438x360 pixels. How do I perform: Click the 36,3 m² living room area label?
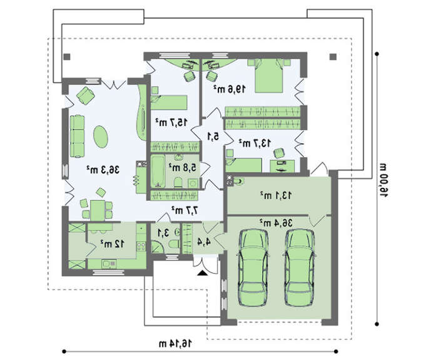click(x=103, y=170)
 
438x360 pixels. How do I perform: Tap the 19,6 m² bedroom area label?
click(x=230, y=89)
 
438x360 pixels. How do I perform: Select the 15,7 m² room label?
click(x=171, y=122)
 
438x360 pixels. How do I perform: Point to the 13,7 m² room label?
click(x=255, y=143)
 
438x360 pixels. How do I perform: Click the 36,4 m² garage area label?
click(x=276, y=223)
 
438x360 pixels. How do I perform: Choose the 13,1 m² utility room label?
click(x=276, y=195)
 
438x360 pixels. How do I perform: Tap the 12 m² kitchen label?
click(x=113, y=244)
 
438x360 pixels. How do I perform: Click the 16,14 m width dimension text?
click(x=175, y=343)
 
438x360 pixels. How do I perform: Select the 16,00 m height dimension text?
click(x=383, y=180)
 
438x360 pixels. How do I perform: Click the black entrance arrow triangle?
click(x=201, y=273)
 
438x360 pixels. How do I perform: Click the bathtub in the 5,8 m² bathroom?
click(x=158, y=171)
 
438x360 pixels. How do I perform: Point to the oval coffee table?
click(x=101, y=136)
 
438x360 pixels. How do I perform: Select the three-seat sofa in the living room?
click(x=77, y=136)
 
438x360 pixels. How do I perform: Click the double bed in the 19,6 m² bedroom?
click(x=269, y=76)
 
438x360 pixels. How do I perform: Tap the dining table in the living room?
click(x=98, y=210)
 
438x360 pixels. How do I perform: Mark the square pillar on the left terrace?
click(x=67, y=57)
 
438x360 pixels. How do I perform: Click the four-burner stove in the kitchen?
click(x=141, y=246)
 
